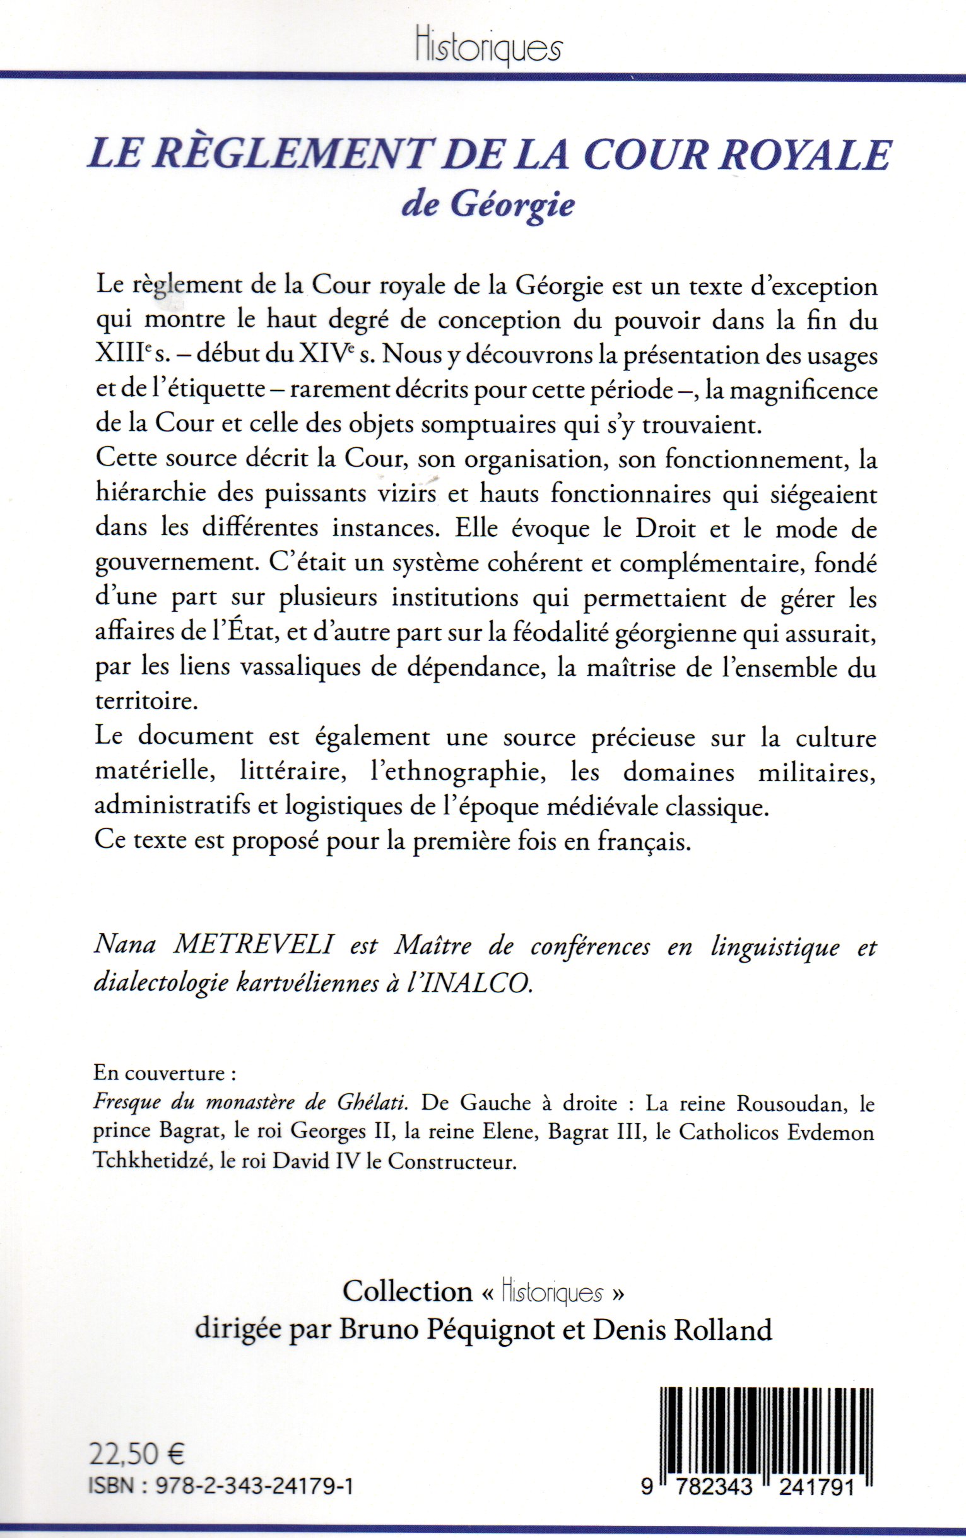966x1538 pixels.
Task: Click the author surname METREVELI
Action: pyautogui.click(x=254, y=946)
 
